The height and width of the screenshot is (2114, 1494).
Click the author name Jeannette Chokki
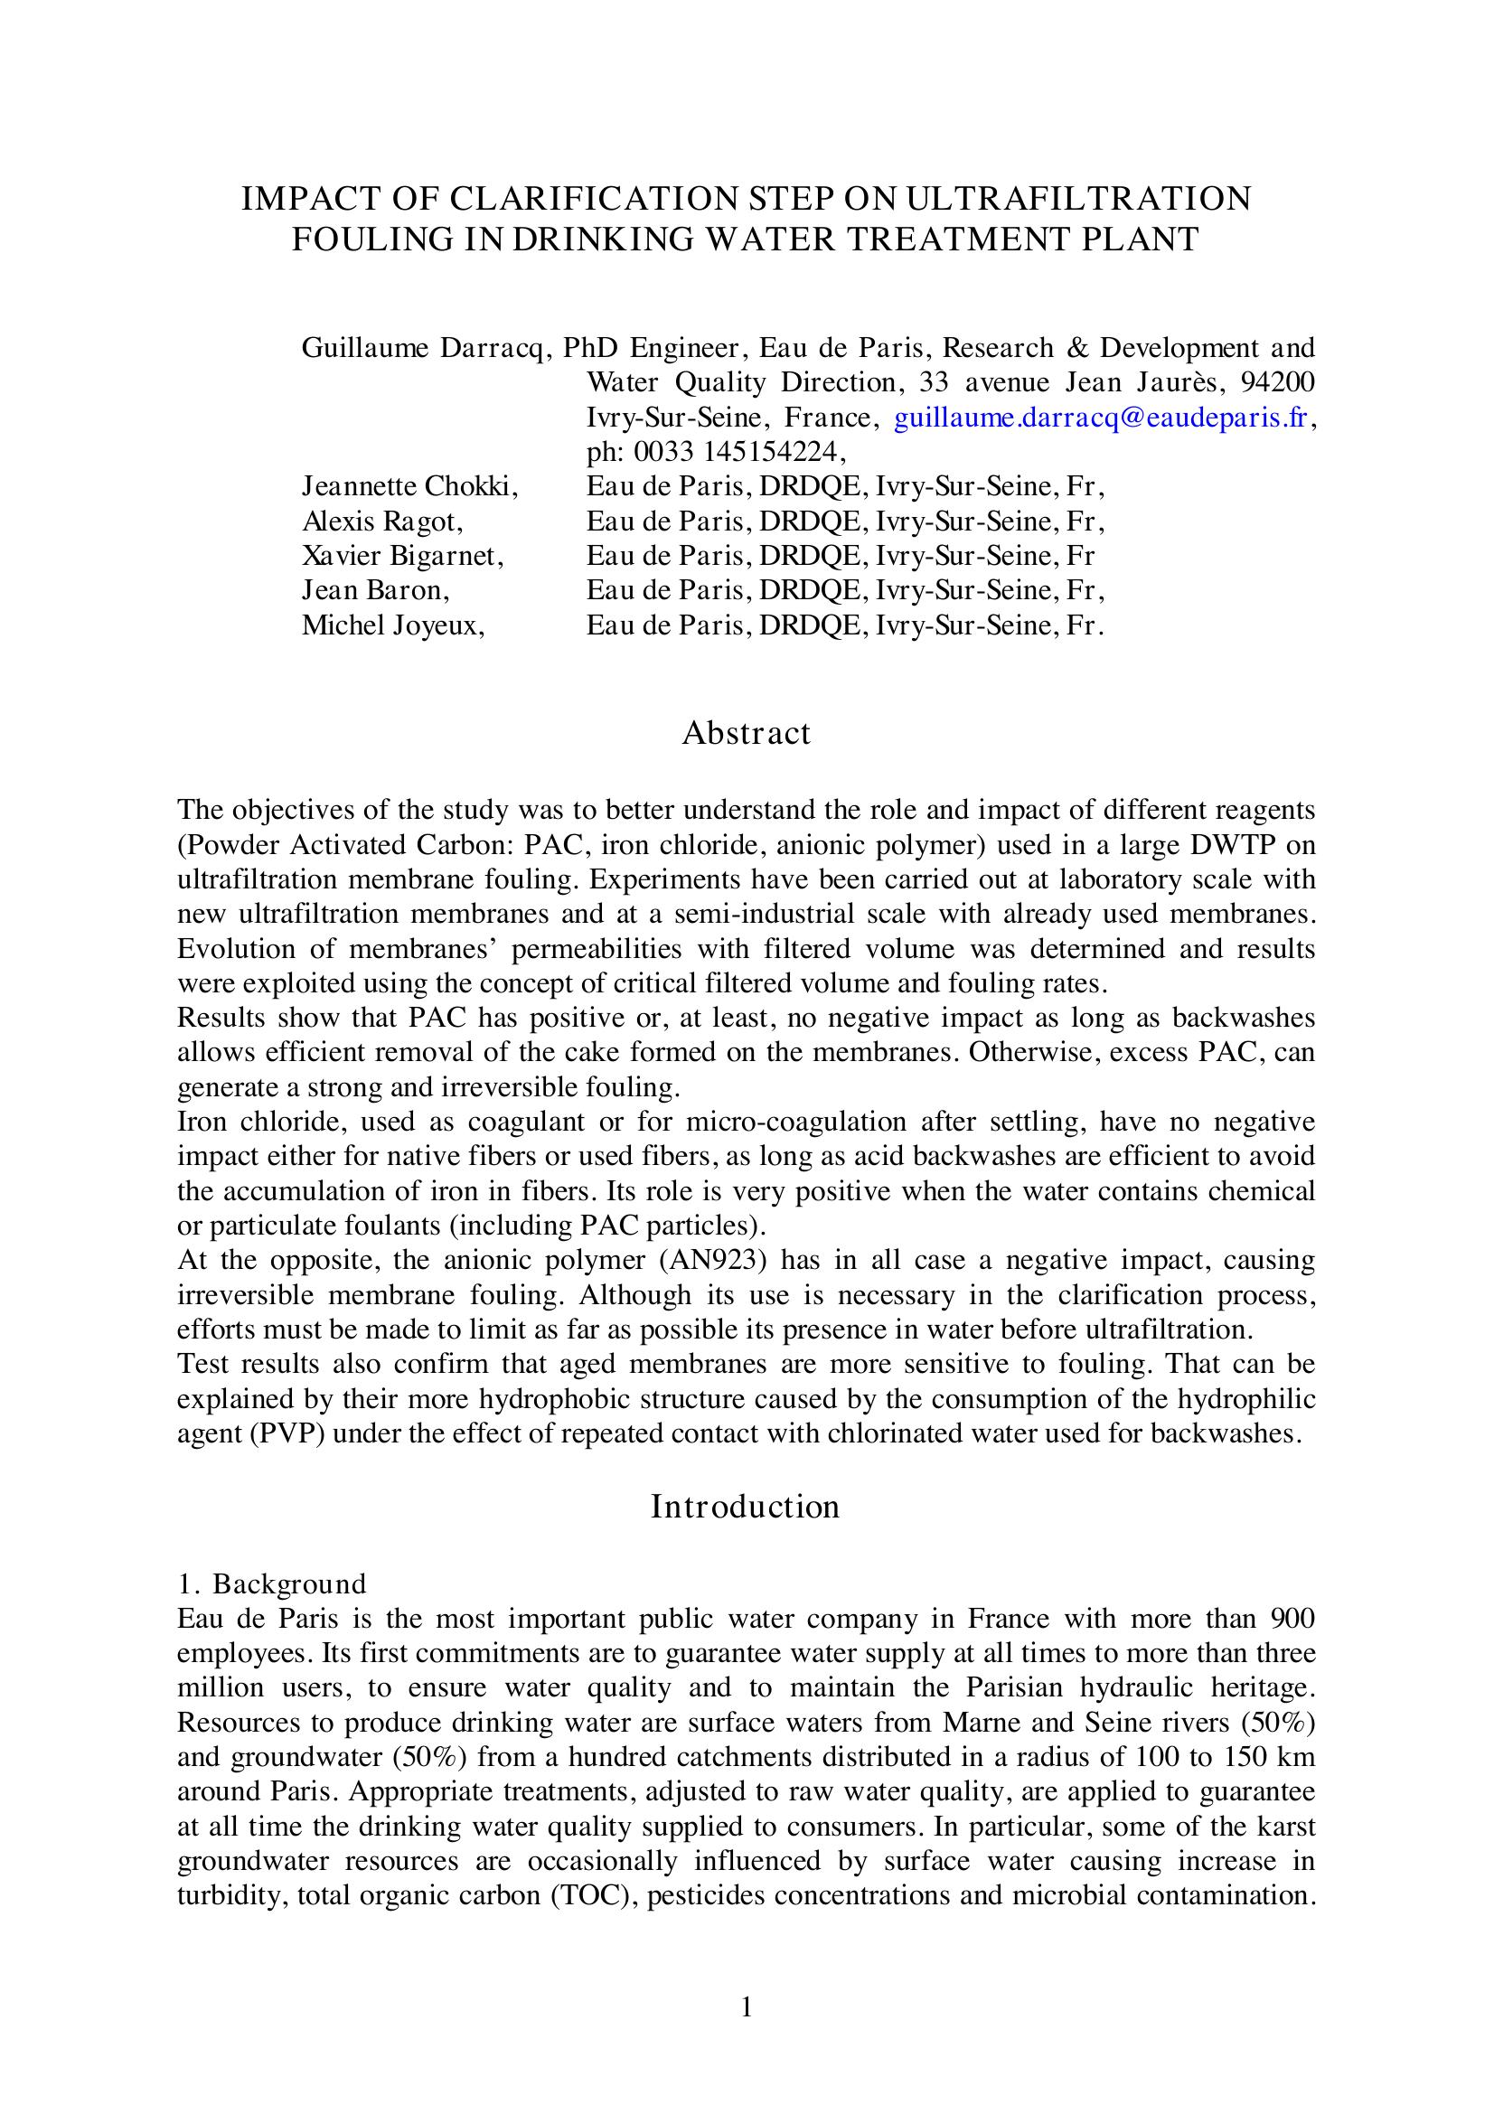pos(409,486)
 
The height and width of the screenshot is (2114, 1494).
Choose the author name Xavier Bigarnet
pos(402,556)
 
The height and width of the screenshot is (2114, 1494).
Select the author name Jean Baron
pos(376,590)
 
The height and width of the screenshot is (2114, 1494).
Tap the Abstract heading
pos(746,733)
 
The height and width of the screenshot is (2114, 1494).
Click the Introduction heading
pos(746,1507)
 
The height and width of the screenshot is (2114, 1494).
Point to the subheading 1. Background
pos(271,1583)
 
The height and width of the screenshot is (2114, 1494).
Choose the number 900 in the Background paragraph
pos(1292,1619)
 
